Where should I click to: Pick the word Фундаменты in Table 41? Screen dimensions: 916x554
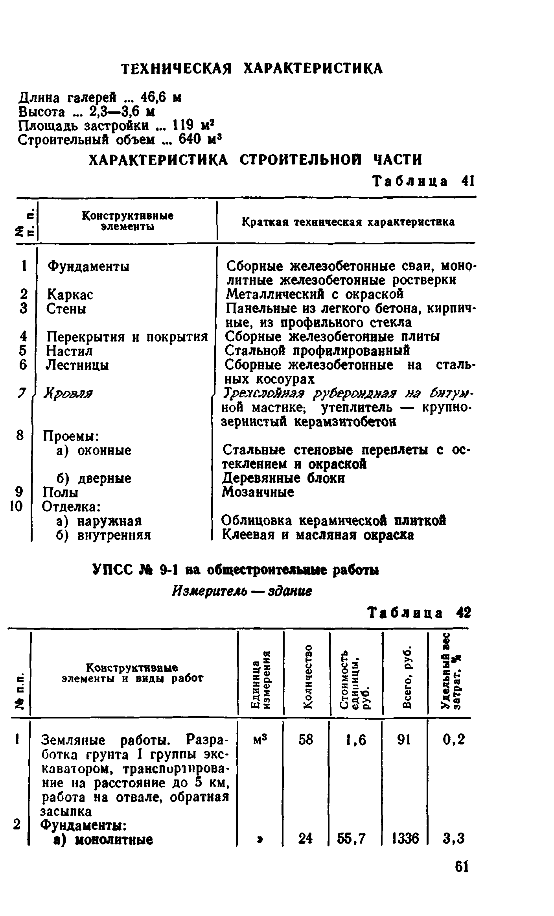(x=88, y=266)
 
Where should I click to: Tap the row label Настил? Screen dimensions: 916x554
(x=69, y=351)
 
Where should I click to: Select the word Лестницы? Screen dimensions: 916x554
(x=77, y=365)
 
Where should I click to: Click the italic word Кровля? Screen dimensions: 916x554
(x=69, y=393)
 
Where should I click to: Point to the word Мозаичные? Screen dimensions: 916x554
(x=258, y=492)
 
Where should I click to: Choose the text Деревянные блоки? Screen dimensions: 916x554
(x=283, y=478)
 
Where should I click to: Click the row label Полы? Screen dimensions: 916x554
(x=60, y=492)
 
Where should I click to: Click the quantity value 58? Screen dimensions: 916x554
(x=306, y=740)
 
